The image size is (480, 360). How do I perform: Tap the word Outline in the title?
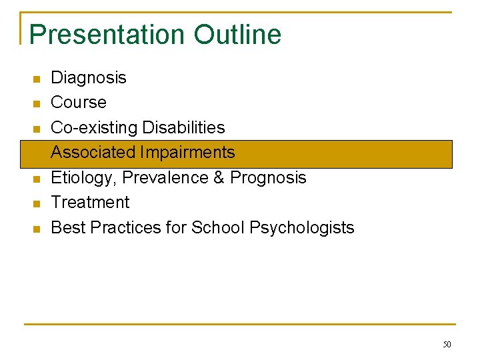(238, 35)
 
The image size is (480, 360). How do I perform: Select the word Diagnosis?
(89, 78)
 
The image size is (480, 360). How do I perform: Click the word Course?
(79, 103)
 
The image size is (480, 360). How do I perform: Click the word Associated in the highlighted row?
(93, 153)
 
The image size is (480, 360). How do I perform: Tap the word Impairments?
(187, 153)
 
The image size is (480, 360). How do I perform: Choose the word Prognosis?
(268, 178)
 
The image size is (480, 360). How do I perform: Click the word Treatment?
(91, 202)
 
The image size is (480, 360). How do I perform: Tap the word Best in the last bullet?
(68, 227)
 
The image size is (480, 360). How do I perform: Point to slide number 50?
(447, 345)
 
